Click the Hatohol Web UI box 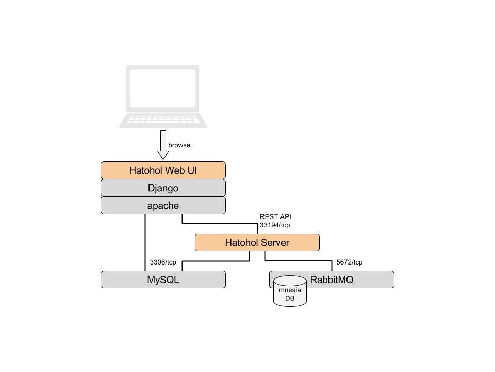[163, 171]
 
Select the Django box [163, 188]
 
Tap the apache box [163, 206]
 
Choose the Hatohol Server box [257, 242]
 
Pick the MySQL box [163, 280]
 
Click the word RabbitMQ [332, 280]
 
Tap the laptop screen [162, 88]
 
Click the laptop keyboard [163, 120]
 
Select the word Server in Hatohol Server [276, 243]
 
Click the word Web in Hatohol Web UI [175, 171]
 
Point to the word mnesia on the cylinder [290, 290]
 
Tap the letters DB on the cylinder [290, 298]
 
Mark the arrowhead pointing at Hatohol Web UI [163, 154]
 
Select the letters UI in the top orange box [192, 171]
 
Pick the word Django [163, 188]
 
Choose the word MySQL [163, 280]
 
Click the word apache [163, 206]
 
